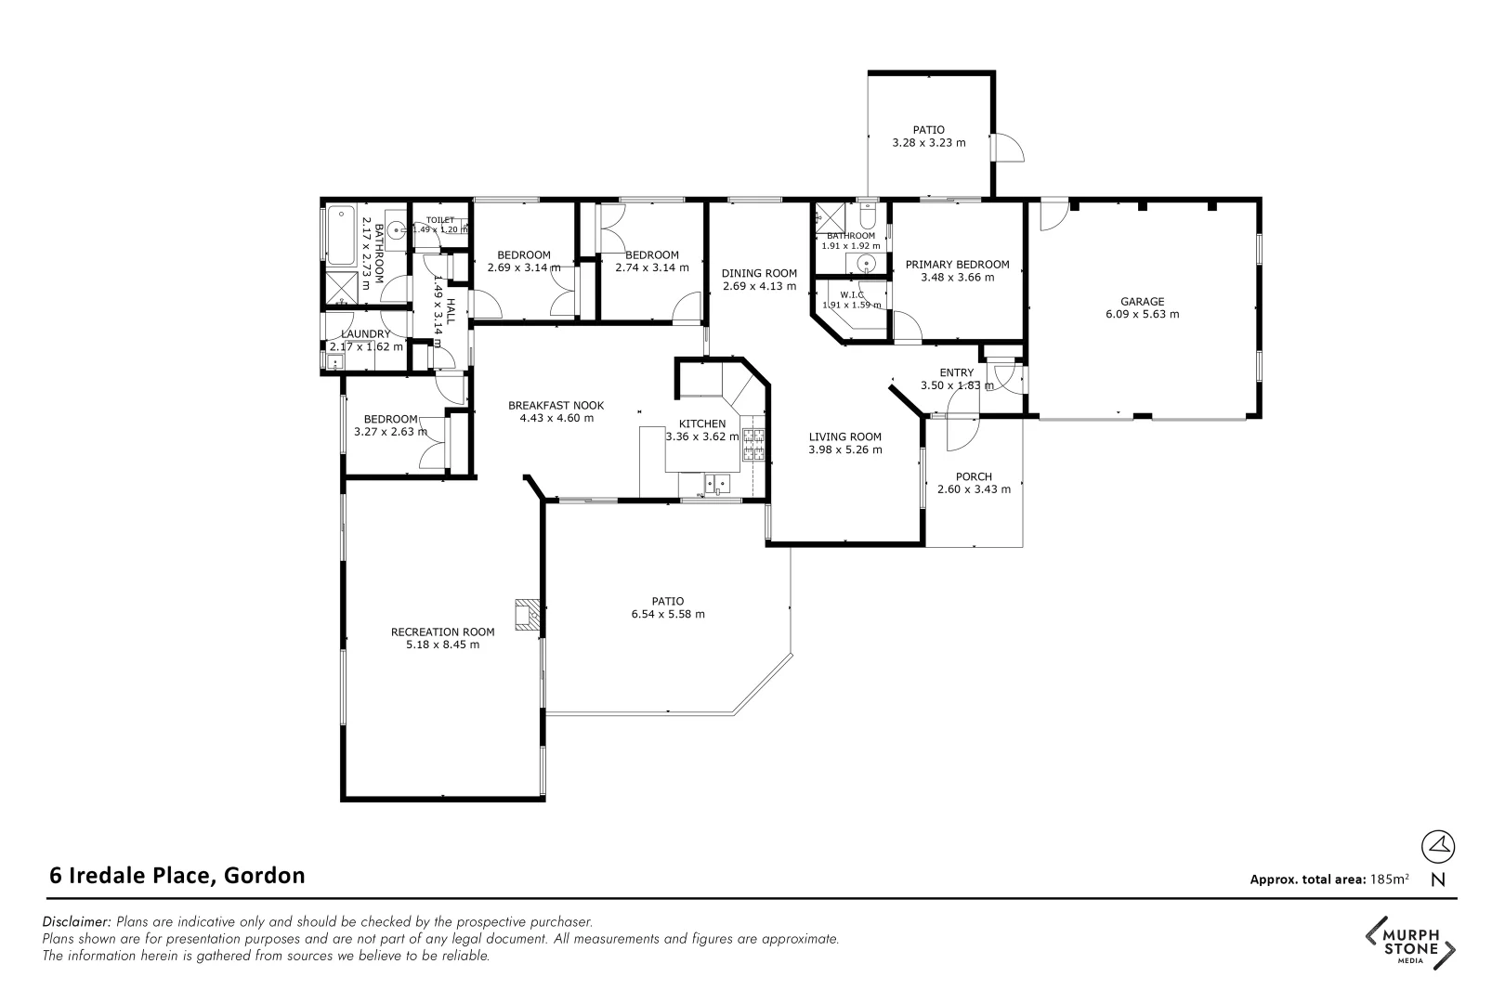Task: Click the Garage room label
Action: coord(1142,301)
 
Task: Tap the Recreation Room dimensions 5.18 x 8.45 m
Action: coord(442,645)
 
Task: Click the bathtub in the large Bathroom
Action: coord(337,233)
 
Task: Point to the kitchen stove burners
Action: coord(752,446)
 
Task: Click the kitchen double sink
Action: coord(716,483)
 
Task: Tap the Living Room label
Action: coord(844,436)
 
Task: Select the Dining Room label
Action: coord(759,273)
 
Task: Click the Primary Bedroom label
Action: coord(957,265)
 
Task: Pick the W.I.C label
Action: coord(853,294)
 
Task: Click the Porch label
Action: coord(974,476)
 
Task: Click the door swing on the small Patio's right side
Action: coord(1007,148)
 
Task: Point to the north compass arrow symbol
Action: coord(1438,845)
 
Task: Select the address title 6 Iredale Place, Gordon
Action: coord(177,875)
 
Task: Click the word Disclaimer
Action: coord(77,922)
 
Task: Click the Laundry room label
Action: coord(365,334)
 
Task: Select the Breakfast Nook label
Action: coord(556,405)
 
